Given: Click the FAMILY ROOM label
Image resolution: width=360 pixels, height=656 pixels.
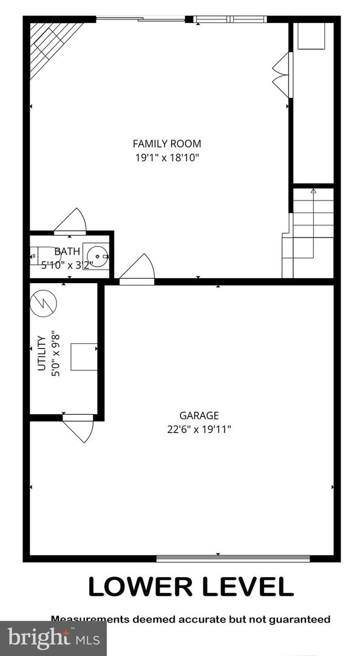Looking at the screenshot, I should [167, 144].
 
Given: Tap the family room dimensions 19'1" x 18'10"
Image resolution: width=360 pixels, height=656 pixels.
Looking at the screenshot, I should [167, 157].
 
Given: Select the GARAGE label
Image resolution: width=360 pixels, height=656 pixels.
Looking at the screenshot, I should [199, 415].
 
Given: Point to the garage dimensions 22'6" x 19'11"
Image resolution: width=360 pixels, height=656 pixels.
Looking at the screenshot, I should [199, 429].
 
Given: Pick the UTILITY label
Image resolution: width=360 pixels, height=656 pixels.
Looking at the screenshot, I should [41, 353].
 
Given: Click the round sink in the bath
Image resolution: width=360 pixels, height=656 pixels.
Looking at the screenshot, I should [96, 256].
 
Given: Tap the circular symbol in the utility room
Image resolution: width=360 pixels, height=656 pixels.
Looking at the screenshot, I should [44, 301].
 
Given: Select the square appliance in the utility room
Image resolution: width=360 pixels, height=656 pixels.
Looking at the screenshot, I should [84, 357].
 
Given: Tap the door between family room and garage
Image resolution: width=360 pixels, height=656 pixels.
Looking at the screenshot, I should [138, 269].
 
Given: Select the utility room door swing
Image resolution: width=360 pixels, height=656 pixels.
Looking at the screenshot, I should [79, 427].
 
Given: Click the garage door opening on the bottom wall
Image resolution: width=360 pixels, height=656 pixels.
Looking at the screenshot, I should [233, 558].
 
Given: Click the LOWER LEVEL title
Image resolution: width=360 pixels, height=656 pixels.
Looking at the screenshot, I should [191, 586].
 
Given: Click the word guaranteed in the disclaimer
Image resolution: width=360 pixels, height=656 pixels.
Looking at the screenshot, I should [296, 620].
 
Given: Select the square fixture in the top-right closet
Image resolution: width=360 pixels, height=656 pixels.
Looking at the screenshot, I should [312, 37].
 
